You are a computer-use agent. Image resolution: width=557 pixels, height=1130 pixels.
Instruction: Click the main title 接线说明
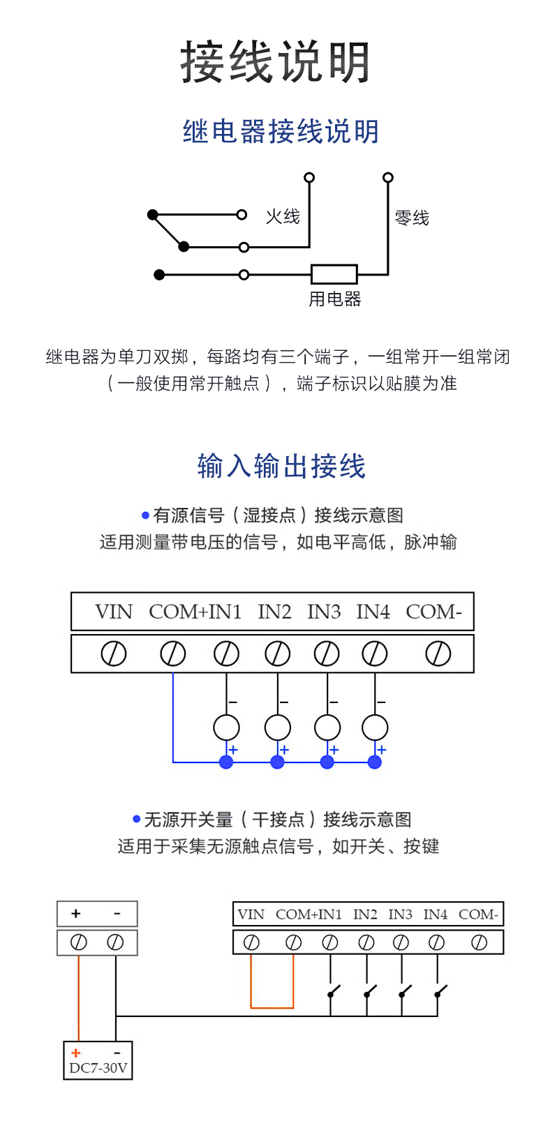(x=276, y=63)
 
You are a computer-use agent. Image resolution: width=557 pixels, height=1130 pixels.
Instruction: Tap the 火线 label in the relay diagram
(x=283, y=217)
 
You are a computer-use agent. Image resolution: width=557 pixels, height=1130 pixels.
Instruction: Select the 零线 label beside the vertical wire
(x=412, y=218)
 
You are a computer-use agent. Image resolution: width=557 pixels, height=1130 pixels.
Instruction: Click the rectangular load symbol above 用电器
(x=334, y=274)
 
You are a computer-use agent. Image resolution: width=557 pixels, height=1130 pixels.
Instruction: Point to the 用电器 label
(x=335, y=299)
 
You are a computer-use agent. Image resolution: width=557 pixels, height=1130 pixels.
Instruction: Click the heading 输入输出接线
(x=281, y=466)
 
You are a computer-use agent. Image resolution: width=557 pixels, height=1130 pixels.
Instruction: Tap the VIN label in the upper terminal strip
(x=114, y=612)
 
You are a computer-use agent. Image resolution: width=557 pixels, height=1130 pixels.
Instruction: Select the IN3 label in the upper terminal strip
(x=324, y=612)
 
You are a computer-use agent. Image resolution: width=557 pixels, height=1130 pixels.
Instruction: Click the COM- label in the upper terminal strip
(x=433, y=612)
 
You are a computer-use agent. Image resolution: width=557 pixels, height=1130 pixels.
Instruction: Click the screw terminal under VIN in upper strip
(x=114, y=654)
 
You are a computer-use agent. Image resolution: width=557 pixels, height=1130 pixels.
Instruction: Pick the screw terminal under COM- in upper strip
(x=438, y=654)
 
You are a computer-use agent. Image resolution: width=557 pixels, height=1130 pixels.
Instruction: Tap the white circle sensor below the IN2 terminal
(x=278, y=728)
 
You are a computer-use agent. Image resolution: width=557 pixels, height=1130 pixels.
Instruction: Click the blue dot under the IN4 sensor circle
(x=375, y=762)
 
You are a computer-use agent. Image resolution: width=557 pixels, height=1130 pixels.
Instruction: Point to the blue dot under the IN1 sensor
(x=226, y=762)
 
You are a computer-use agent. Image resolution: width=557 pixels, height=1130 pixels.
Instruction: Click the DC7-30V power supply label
(x=98, y=1068)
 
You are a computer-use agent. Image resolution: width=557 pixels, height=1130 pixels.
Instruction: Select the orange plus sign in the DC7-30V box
(x=76, y=1053)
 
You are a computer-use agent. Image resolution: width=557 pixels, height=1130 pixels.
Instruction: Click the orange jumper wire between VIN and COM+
(x=272, y=1007)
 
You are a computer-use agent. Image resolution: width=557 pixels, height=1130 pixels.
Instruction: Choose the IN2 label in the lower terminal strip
(x=365, y=914)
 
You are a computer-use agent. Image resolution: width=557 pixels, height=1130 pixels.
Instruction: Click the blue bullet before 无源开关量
(x=137, y=819)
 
